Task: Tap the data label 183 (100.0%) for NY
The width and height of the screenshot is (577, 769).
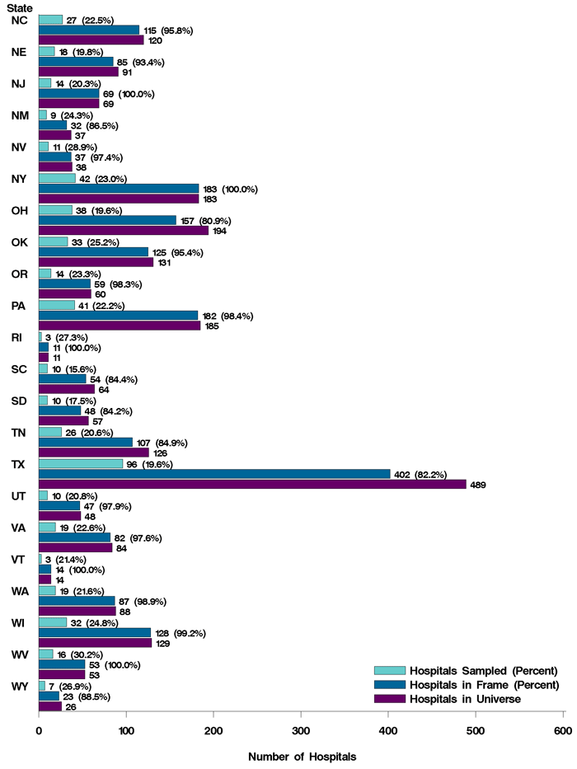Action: pyautogui.click(x=230, y=189)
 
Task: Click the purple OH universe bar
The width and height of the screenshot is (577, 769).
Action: pyautogui.click(x=124, y=231)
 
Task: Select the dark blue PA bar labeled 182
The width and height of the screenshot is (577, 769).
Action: pyautogui.click(x=119, y=316)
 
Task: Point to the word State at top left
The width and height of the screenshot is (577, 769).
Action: pyautogui.click(x=20, y=8)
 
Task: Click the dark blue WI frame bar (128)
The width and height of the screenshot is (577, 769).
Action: pyautogui.click(x=95, y=632)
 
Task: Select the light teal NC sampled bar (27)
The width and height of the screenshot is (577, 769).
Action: pyautogui.click(x=50, y=20)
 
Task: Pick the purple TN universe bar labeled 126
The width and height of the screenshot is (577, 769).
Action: pyautogui.click(x=94, y=452)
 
